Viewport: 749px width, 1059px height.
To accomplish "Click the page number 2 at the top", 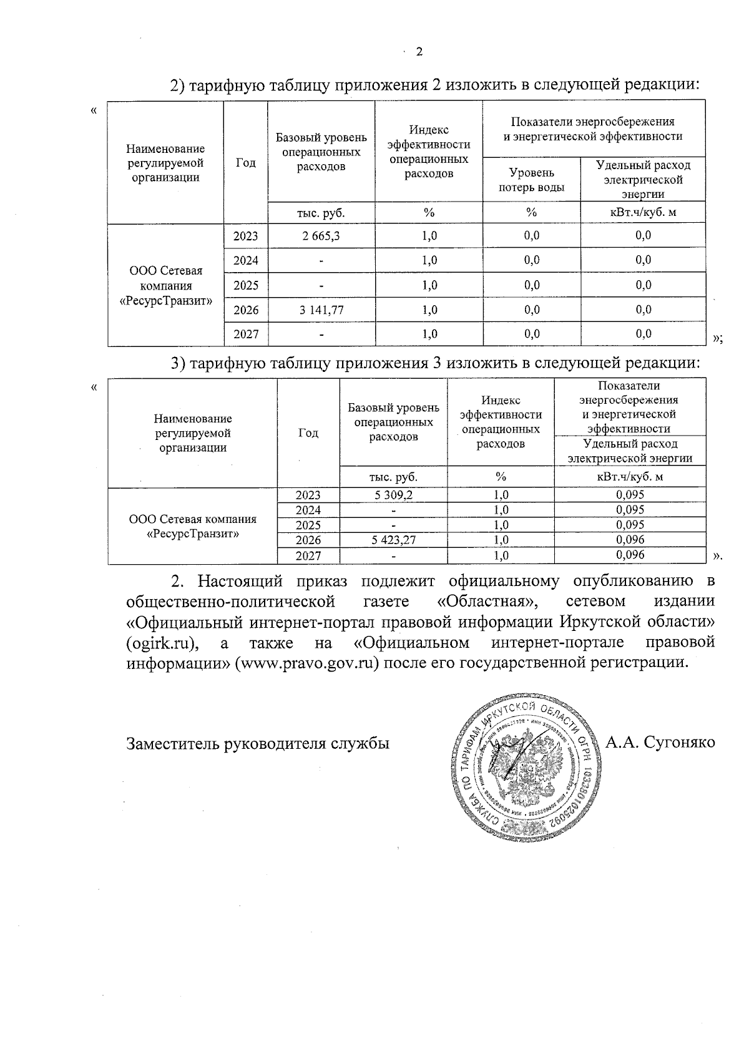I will (x=419, y=52).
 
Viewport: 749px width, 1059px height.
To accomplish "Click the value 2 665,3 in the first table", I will (x=321, y=236).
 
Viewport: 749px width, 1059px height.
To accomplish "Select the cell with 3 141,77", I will (x=321, y=310).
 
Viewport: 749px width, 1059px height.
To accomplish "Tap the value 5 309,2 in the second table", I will (x=393, y=495).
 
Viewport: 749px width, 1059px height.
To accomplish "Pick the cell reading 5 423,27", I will (x=393, y=540).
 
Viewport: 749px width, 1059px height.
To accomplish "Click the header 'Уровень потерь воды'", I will (x=531, y=180).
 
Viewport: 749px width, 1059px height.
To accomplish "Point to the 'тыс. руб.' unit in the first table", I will (x=321, y=213).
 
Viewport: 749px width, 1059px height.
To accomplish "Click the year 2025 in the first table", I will (x=245, y=285).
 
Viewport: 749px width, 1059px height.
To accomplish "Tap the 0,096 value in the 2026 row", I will (x=630, y=540).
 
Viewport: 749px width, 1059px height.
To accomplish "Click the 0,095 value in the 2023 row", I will (x=630, y=495).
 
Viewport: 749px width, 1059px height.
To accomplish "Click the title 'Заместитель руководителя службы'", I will (x=258, y=744).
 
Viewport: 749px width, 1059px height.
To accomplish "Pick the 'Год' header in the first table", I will (x=245, y=163).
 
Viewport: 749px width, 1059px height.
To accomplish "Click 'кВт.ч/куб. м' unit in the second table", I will (x=630, y=477).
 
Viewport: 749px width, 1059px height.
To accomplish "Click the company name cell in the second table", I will (x=192, y=527).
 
